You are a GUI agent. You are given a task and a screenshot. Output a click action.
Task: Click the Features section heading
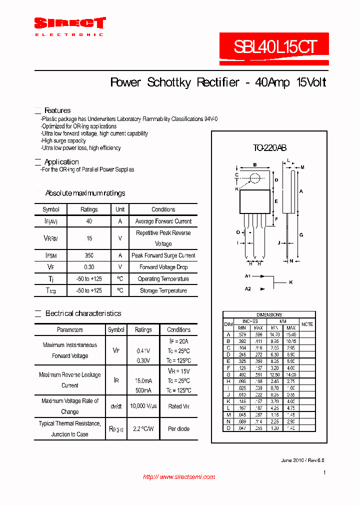(x=57, y=110)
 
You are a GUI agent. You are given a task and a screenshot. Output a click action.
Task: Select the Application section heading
(x=61, y=162)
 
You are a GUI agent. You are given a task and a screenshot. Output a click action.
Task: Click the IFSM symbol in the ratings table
(x=51, y=255)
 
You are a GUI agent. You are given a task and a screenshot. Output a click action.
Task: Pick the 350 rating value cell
(x=89, y=255)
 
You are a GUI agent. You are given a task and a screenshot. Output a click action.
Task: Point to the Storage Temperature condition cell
(x=163, y=290)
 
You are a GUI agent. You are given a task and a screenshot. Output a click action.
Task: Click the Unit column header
(x=120, y=209)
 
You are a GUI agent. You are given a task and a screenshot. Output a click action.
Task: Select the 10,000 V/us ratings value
(x=143, y=406)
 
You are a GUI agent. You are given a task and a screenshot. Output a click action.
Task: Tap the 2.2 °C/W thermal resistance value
(x=143, y=429)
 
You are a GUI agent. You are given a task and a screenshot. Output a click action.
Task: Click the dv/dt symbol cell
(x=116, y=406)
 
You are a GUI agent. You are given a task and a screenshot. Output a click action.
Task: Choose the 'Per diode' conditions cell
(x=178, y=429)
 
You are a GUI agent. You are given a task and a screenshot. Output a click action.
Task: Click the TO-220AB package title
(x=269, y=148)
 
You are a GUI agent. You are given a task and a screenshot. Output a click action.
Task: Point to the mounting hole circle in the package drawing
(x=255, y=177)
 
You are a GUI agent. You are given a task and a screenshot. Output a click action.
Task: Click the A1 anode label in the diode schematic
(x=247, y=276)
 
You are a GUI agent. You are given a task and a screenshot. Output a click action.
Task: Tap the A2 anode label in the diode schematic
(x=247, y=288)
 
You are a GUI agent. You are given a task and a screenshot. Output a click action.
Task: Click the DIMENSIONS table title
(x=268, y=314)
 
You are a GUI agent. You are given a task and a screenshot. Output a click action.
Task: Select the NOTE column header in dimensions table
(x=307, y=324)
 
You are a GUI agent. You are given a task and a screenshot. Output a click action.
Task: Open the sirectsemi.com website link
(x=179, y=477)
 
